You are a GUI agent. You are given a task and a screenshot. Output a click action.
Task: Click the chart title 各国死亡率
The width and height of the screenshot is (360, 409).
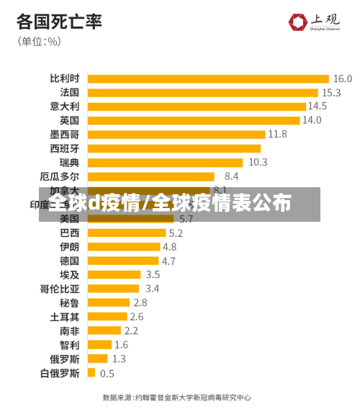(59, 21)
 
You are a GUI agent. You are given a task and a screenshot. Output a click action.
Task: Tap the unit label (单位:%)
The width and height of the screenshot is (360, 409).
(40, 41)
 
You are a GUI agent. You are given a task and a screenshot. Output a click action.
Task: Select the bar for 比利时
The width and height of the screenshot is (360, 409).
(207, 78)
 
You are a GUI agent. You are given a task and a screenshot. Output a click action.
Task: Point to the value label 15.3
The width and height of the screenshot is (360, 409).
(331, 92)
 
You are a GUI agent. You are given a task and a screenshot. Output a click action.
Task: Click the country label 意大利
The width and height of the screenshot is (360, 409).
(64, 107)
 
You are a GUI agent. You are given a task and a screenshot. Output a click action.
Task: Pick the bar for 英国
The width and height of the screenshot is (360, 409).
(193, 120)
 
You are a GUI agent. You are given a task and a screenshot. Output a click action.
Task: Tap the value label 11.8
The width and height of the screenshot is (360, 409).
(277, 134)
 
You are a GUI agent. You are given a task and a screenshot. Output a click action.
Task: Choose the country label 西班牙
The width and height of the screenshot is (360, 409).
(64, 148)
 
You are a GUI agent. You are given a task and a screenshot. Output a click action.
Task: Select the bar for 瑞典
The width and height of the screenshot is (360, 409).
(165, 162)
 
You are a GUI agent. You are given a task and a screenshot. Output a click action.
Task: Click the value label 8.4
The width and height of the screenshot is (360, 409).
(231, 176)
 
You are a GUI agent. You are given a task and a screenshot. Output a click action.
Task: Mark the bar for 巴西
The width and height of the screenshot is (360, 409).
(126, 233)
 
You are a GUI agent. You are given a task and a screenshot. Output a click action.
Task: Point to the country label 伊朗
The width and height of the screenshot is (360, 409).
(69, 246)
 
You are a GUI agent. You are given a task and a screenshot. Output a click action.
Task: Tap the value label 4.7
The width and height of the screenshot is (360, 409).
(168, 261)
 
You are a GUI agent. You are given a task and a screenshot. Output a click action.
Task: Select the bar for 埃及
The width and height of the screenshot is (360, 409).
(114, 274)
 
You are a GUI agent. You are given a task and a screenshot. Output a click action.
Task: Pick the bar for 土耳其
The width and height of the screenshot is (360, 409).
(107, 316)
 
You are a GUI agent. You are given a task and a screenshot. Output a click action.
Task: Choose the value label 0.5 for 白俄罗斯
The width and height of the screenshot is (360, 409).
(107, 373)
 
